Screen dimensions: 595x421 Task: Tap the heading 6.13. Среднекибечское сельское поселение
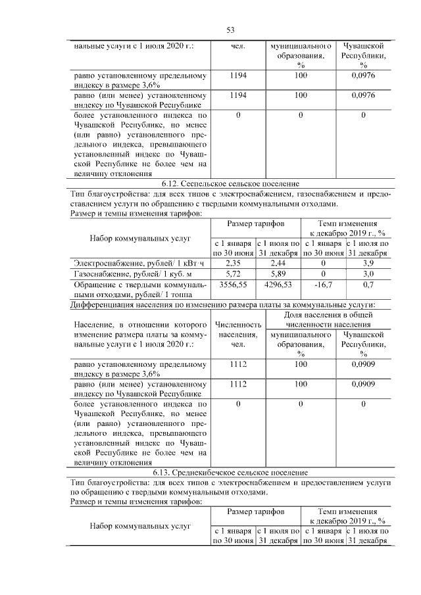tap(230, 473)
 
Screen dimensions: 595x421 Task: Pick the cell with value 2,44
tap(278, 263)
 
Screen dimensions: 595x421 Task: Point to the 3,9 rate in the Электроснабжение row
tap(368, 263)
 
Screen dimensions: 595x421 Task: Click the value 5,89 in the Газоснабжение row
tap(278, 274)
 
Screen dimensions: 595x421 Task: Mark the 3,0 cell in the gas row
tap(368, 274)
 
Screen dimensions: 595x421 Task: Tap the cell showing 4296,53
tap(278, 285)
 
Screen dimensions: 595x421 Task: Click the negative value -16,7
tap(323, 285)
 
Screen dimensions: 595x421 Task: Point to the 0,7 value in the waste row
tap(368, 285)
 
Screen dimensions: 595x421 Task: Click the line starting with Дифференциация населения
tap(223, 304)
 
